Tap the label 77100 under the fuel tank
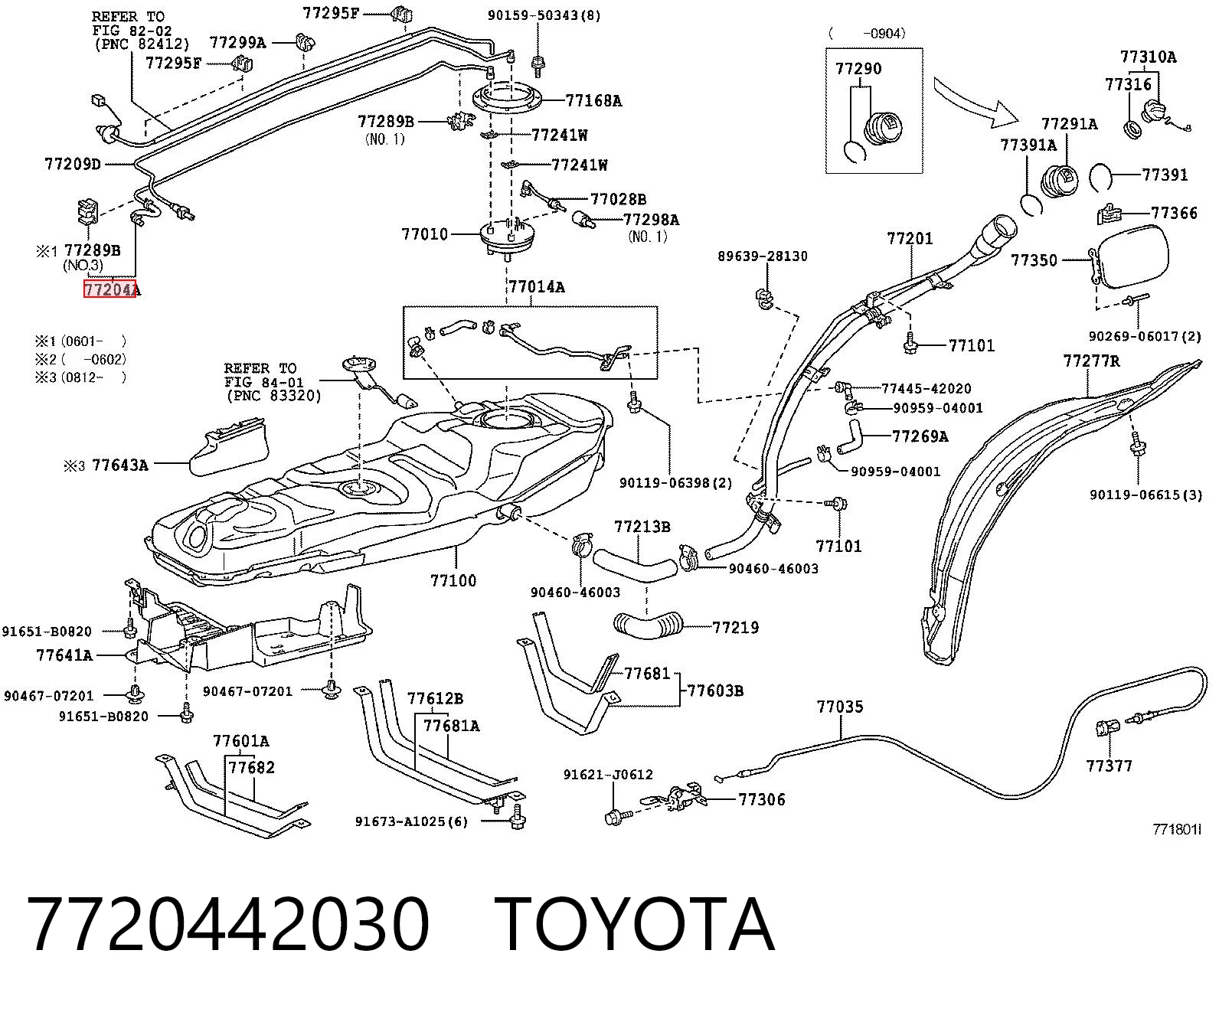pyautogui.click(x=453, y=580)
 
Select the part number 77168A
pyautogui.click(x=593, y=101)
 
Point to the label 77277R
pyautogui.click(x=1091, y=361)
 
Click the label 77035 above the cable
pyautogui.click(x=839, y=707)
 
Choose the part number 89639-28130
pyautogui.click(x=763, y=256)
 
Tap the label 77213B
pyautogui.click(x=642, y=527)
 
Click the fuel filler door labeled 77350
pyautogui.click(x=1133, y=257)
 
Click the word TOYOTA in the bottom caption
pyautogui.click(x=635, y=925)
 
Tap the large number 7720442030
pyautogui.click(x=228, y=925)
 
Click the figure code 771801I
pyautogui.click(x=1176, y=829)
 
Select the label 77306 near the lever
pyautogui.click(x=762, y=799)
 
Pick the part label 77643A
pyautogui.click(x=120, y=465)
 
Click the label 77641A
pyautogui.click(x=64, y=655)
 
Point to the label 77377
pyautogui.click(x=1109, y=766)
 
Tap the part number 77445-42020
pyautogui.click(x=927, y=389)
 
